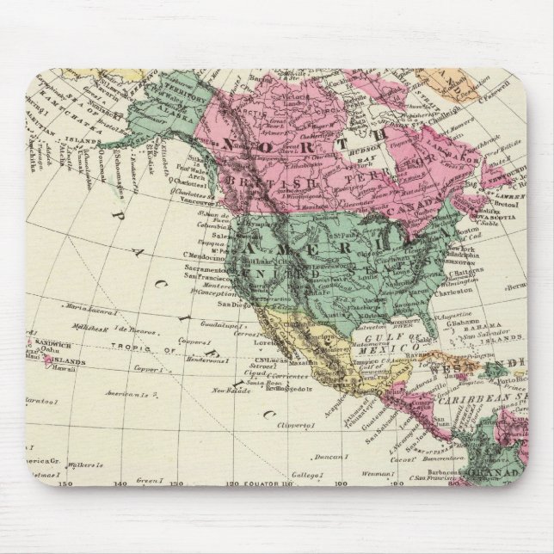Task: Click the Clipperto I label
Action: (293, 426)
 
